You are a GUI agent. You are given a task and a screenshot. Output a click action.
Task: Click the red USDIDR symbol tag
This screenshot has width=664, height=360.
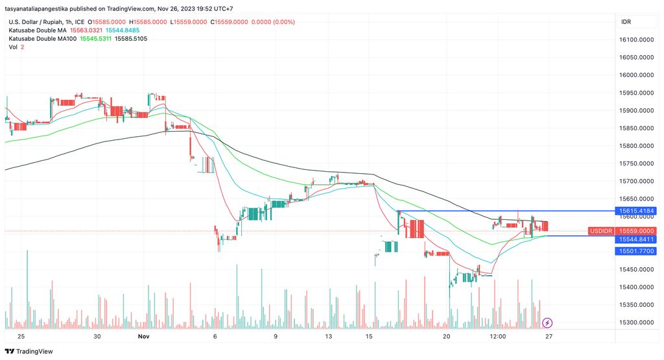(600, 231)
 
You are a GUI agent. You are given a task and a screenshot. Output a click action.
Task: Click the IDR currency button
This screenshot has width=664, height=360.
(626, 22)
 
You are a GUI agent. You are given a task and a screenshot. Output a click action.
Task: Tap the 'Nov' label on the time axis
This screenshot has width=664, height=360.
(144, 337)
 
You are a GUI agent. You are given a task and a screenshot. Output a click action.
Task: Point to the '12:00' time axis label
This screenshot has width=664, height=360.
(498, 337)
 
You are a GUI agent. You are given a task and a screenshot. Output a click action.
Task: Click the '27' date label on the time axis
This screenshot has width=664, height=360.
(549, 337)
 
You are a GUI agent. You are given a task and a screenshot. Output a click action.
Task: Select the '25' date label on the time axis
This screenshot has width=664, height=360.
(21, 337)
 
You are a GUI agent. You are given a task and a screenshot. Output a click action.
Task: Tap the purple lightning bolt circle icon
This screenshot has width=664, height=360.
(547, 322)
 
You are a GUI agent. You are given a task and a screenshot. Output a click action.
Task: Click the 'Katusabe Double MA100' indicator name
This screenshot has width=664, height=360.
(42, 39)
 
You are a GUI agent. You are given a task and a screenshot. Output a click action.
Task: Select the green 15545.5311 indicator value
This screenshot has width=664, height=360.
(96, 39)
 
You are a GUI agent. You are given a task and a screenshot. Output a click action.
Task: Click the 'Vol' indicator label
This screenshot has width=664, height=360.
(13, 47)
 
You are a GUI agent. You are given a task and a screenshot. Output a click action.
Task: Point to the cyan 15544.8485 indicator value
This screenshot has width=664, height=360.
(123, 30)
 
